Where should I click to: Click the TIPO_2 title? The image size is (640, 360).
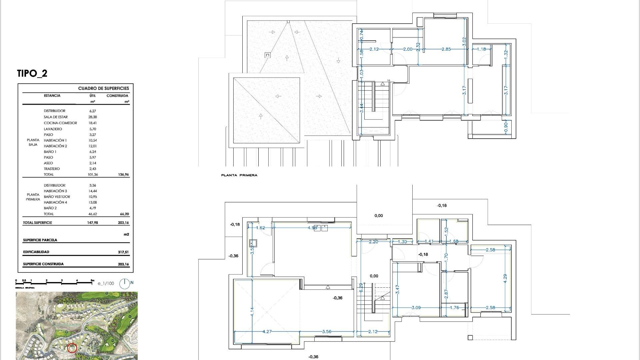click(32, 73)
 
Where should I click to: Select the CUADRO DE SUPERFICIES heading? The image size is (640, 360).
click(103, 88)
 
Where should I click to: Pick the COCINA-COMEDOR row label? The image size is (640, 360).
click(60, 123)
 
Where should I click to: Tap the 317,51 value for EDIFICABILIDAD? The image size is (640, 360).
click(123, 252)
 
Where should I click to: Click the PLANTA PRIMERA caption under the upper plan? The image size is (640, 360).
click(239, 175)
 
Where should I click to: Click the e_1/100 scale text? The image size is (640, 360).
click(106, 284)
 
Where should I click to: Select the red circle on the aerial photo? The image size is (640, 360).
click(72, 348)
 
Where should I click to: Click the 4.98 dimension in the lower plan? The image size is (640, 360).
click(312, 228)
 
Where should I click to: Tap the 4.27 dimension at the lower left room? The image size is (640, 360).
click(267, 332)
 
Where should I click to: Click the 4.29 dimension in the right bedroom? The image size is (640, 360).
click(505, 278)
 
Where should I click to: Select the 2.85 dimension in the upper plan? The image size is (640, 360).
click(446, 49)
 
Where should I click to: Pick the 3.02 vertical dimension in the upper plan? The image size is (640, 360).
click(464, 41)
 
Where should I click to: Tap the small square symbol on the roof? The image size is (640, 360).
click(268, 55)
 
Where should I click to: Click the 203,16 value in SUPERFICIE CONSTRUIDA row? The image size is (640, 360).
click(123, 264)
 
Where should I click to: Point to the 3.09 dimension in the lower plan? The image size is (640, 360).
click(416, 308)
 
